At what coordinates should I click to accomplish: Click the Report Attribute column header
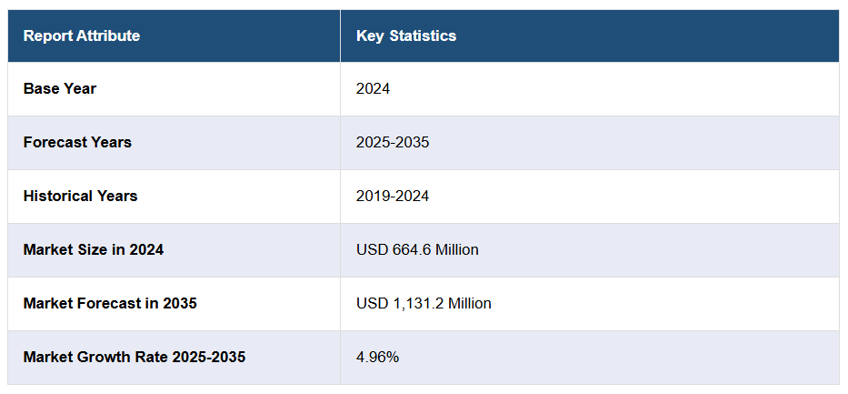pos(82,36)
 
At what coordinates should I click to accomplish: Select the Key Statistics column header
pos(406,36)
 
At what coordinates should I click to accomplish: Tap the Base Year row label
pos(60,89)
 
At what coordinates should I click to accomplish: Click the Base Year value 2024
pos(373,89)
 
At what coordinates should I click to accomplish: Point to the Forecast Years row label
pos(77,143)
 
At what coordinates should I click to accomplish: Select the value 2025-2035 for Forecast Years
pos(393,143)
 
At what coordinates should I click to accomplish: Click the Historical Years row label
pos(81,197)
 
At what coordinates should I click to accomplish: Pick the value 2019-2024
pos(393,197)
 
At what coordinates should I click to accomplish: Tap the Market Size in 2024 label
pos(94,249)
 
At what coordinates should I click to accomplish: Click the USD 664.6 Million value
pos(417,249)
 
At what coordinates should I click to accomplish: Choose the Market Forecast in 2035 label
pos(110,303)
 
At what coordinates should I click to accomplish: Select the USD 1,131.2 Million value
pos(424,303)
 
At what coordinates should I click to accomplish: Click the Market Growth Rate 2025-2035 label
pos(135,357)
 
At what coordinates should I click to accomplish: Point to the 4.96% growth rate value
pos(377,357)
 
